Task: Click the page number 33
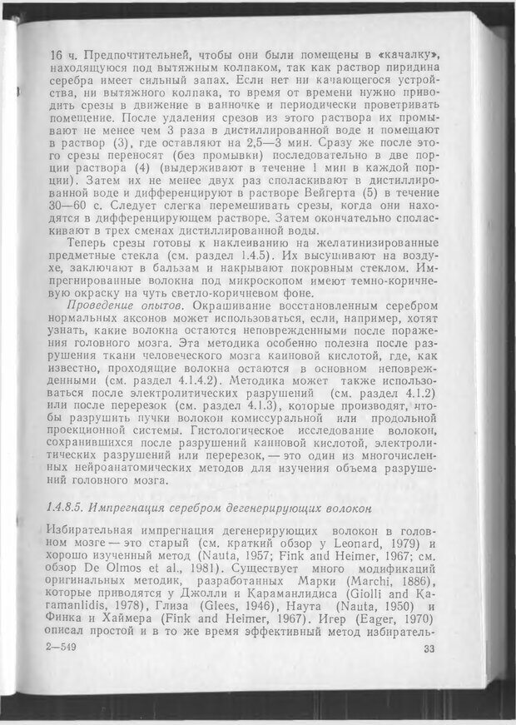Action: click(x=429, y=651)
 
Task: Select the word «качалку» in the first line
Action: click(x=406, y=52)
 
